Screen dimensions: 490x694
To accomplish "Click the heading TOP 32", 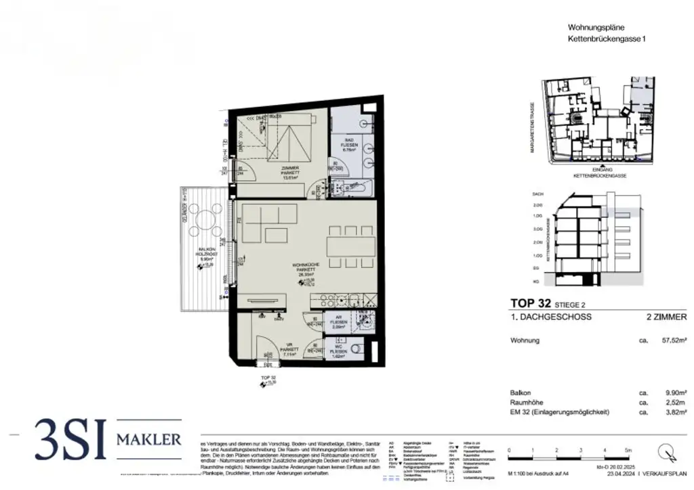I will coord(529,303).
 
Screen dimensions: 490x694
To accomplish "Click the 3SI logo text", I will coord(69,439).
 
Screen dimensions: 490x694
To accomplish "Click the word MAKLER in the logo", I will coord(149,440).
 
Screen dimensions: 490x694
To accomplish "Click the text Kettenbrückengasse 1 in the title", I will coord(607,40).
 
